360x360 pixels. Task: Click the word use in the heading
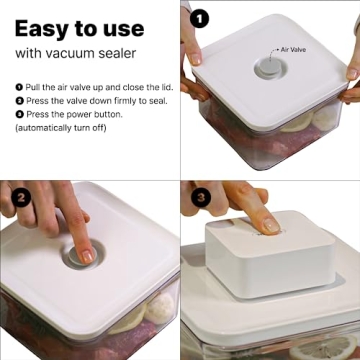142,25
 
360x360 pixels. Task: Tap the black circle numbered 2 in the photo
18,198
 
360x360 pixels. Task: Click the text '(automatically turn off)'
60,128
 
